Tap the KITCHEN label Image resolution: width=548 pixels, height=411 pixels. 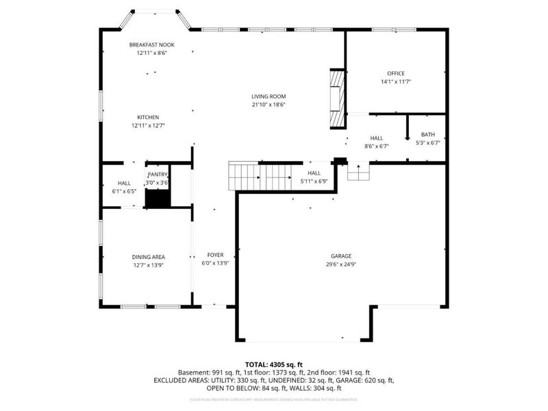coord(148,117)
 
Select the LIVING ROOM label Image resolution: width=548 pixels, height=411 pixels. coord(268,97)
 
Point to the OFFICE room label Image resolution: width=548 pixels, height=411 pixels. coord(395,73)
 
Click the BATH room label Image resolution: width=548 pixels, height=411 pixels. coord(427,135)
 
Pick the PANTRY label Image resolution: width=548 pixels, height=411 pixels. coord(157,175)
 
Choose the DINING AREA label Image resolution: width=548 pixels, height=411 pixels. coord(149,257)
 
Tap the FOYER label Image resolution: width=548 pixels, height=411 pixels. coord(214,255)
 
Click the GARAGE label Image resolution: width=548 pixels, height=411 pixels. coord(340,256)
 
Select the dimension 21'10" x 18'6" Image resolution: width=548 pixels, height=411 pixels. coord(268,105)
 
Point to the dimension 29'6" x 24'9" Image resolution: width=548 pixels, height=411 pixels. coord(340,264)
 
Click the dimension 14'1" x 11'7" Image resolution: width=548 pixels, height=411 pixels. coord(395,82)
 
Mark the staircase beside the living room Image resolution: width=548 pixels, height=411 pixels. coord(260,177)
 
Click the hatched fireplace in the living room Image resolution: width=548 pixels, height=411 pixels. coord(336,99)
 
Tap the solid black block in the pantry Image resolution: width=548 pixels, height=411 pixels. coord(158,198)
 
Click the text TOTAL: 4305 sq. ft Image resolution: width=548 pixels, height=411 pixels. coord(274,364)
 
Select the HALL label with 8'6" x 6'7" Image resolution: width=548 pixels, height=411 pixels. coord(376,138)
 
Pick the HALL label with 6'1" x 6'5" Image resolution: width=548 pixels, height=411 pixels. coord(124,183)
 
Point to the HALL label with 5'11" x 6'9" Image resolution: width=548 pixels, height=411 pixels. coord(314,173)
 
